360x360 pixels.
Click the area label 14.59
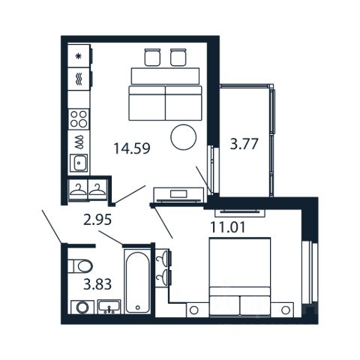coord(132,148)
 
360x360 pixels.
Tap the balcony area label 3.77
coord(244,144)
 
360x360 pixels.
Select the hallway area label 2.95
coord(97,220)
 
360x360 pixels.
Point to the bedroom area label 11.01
coord(228,227)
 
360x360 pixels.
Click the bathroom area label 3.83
coord(97,284)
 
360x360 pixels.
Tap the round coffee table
coord(184,137)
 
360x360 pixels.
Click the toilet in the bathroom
coord(80,265)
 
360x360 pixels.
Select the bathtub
coord(137,281)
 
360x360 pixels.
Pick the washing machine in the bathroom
coord(82,307)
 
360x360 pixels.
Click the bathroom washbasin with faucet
coord(109,307)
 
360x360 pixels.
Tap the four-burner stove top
coord(79,119)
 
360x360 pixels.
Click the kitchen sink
coord(79,163)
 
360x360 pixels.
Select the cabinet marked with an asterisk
coord(79,56)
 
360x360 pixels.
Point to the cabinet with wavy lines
coord(79,79)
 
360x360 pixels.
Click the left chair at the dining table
coord(152,57)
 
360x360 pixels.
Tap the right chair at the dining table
coord(178,57)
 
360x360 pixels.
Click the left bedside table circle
coord(193,310)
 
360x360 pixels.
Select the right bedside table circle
coord(285,310)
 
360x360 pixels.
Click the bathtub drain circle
coord(137,307)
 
